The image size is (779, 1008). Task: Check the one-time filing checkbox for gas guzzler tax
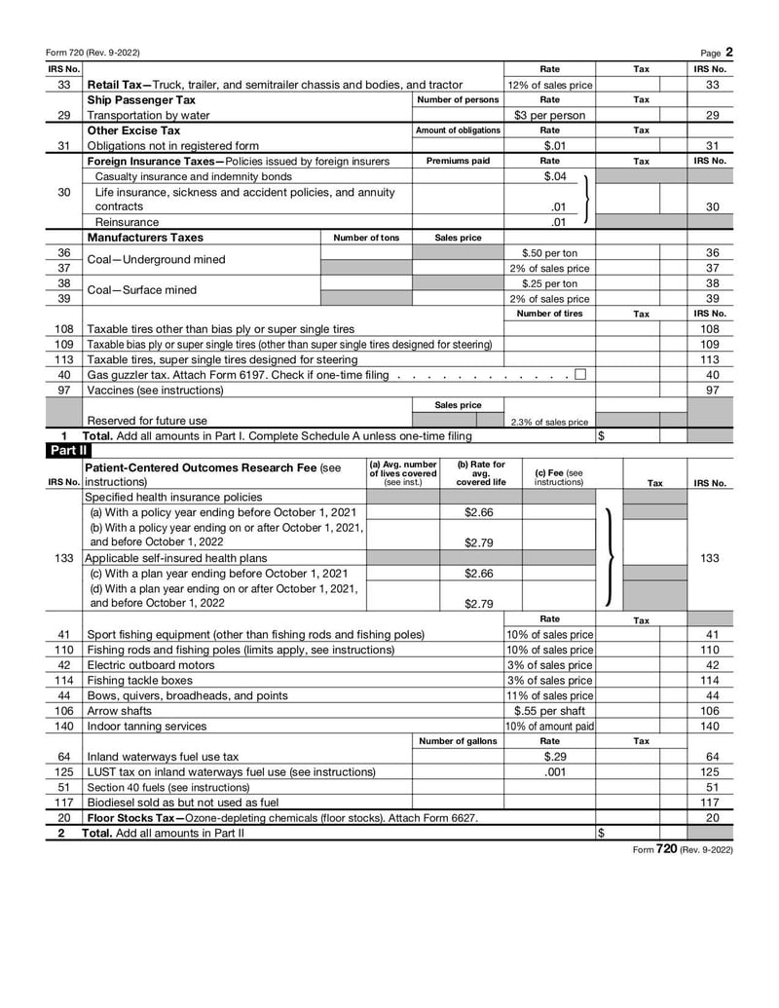(x=580, y=375)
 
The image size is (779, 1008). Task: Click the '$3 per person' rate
(x=549, y=115)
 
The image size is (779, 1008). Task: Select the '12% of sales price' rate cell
(x=549, y=85)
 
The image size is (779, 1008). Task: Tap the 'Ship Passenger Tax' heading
(x=141, y=99)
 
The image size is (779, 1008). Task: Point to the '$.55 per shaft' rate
(x=549, y=711)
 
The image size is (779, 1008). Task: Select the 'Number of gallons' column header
(x=458, y=741)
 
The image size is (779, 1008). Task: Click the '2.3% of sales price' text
(x=549, y=422)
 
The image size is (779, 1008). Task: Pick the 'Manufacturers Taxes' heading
(x=145, y=237)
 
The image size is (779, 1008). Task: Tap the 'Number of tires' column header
(x=549, y=314)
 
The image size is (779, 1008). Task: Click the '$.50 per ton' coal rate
(x=549, y=253)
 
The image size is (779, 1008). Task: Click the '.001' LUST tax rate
(x=553, y=771)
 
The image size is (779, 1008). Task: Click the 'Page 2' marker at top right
(x=717, y=53)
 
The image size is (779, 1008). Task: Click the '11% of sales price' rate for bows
(x=549, y=695)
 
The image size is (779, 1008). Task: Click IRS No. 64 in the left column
(x=64, y=757)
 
